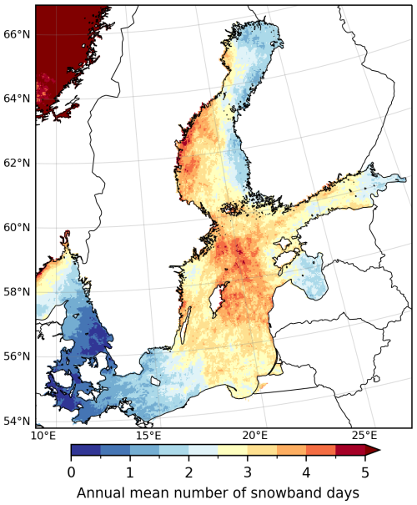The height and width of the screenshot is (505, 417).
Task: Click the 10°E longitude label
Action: (x=43, y=436)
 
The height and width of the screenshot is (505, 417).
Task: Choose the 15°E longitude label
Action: (x=148, y=436)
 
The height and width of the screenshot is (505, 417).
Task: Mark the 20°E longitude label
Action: (x=255, y=436)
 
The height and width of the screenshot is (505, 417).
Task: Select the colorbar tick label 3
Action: (x=248, y=472)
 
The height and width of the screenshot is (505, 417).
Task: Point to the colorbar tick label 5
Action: (x=364, y=472)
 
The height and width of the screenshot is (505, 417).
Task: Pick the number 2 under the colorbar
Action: (x=188, y=472)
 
